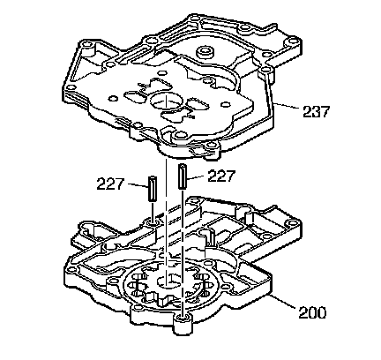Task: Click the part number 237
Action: pyautogui.click(x=317, y=112)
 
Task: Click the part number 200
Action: pyautogui.click(x=312, y=312)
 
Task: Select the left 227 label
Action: pyautogui.click(x=110, y=184)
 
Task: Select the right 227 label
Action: pyautogui.click(x=221, y=176)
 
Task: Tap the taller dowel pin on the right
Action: pyautogui.click(x=182, y=176)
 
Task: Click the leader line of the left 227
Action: pyautogui.click(x=138, y=185)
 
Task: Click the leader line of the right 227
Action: pyautogui.click(x=195, y=177)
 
